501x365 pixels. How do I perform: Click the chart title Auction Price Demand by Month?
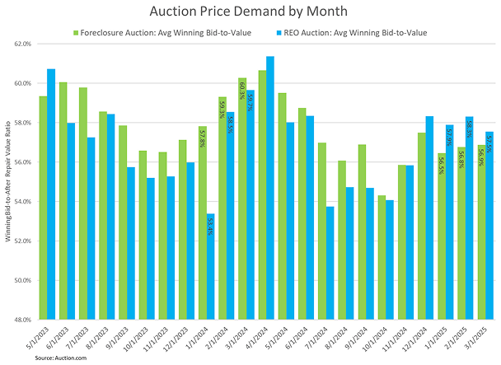[250, 12]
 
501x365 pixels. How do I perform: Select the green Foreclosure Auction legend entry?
[149, 32]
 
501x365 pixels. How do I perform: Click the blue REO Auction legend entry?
[354, 32]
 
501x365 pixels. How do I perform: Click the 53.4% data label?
[211, 226]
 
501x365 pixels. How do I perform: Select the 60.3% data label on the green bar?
[242, 88]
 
